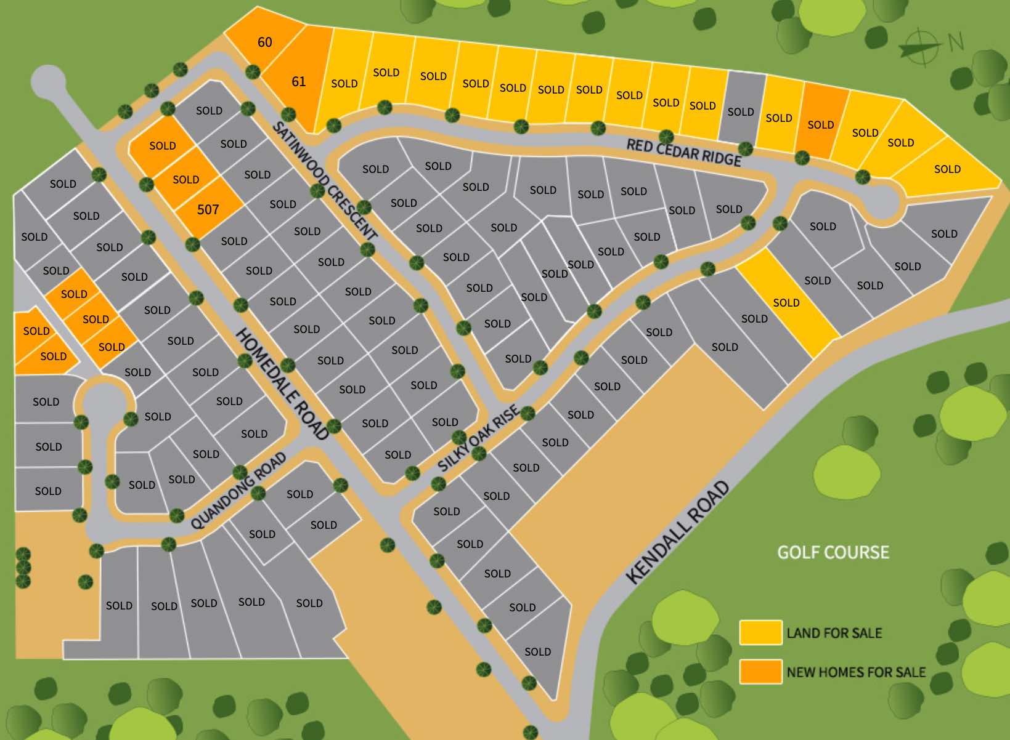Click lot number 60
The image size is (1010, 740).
[264, 42]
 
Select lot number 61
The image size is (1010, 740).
[298, 81]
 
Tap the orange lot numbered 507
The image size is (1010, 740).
[208, 210]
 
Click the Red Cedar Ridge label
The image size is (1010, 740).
[683, 152]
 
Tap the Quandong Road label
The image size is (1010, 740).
[238, 491]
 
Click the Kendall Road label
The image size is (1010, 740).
[678, 532]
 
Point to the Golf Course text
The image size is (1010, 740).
[833, 552]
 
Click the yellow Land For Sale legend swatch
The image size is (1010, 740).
[760, 633]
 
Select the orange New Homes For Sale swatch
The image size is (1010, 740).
[760, 672]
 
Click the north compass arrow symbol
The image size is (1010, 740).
[920, 47]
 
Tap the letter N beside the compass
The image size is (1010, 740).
[956, 42]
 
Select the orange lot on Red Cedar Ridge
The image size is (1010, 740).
[821, 121]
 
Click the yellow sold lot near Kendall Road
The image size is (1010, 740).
[787, 302]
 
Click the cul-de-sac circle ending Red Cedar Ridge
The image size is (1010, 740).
[882, 201]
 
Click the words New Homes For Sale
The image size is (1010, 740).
[856, 672]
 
